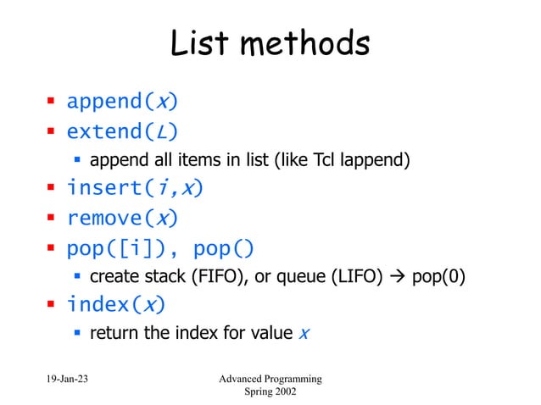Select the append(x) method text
point(122,103)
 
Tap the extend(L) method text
point(122,131)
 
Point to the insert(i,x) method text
point(136,188)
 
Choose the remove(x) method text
point(122,218)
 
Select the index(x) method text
point(115,304)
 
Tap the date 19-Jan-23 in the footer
point(64,378)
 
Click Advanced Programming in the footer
point(270,378)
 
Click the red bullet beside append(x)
point(51,103)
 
